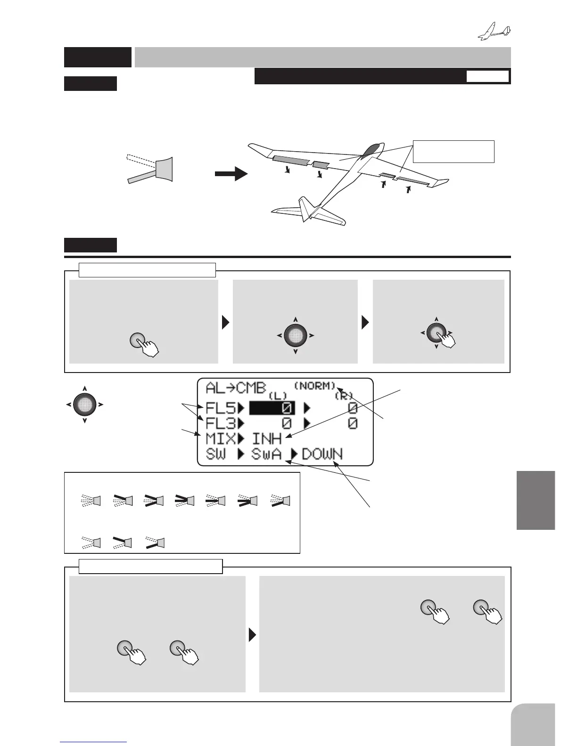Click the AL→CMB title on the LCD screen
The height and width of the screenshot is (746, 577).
pos(235,389)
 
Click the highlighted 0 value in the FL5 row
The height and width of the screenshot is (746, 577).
pos(272,407)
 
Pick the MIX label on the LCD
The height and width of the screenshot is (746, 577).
pos(220,439)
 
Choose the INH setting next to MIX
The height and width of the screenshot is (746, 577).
pos(267,439)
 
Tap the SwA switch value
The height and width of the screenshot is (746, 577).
pos(266,454)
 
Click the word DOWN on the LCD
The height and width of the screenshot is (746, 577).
pos(322,454)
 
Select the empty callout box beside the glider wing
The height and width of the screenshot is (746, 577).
pos(453,151)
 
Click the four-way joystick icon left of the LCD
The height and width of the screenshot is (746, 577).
pos(84,404)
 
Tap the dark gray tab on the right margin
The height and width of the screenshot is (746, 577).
pos(536,500)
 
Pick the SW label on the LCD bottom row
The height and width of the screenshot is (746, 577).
pos(216,454)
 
